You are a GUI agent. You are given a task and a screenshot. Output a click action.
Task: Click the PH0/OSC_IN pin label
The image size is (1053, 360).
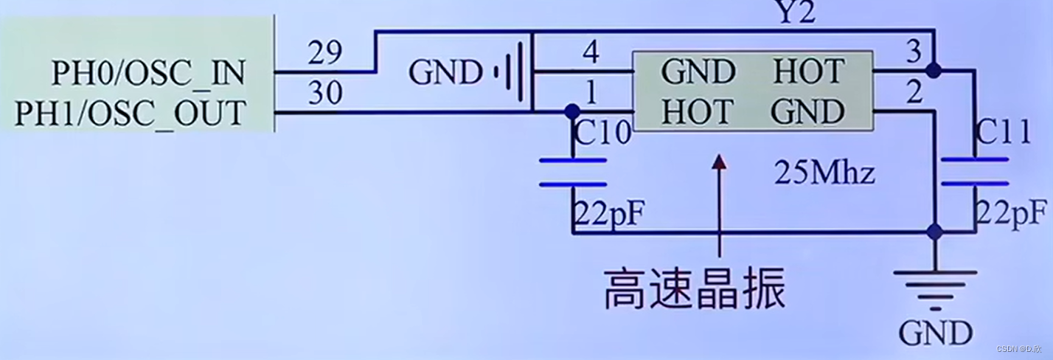tap(147, 74)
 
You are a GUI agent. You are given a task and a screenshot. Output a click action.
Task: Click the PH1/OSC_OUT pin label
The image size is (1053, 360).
tap(130, 114)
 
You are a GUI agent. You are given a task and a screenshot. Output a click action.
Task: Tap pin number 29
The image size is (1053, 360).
tap(325, 54)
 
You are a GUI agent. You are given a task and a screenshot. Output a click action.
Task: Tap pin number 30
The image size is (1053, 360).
tap(325, 94)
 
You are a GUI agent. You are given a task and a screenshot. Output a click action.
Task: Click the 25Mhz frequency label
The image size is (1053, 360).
tap(824, 174)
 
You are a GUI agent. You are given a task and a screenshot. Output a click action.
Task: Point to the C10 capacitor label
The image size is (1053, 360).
tap(602, 134)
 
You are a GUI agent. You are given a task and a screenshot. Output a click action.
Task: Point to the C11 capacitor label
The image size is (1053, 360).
tap(1003, 134)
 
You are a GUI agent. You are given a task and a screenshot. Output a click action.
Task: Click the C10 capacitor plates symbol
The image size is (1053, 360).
tap(573, 172)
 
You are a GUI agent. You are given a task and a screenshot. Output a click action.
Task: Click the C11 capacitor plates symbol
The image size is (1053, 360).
tap(974, 172)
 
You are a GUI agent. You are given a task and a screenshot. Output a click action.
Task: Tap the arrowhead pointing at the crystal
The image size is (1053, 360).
tap(720, 162)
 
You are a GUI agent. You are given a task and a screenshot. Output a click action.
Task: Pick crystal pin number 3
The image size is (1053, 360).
tap(913, 52)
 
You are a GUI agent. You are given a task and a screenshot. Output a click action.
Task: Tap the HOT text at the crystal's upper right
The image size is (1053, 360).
tap(808, 72)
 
